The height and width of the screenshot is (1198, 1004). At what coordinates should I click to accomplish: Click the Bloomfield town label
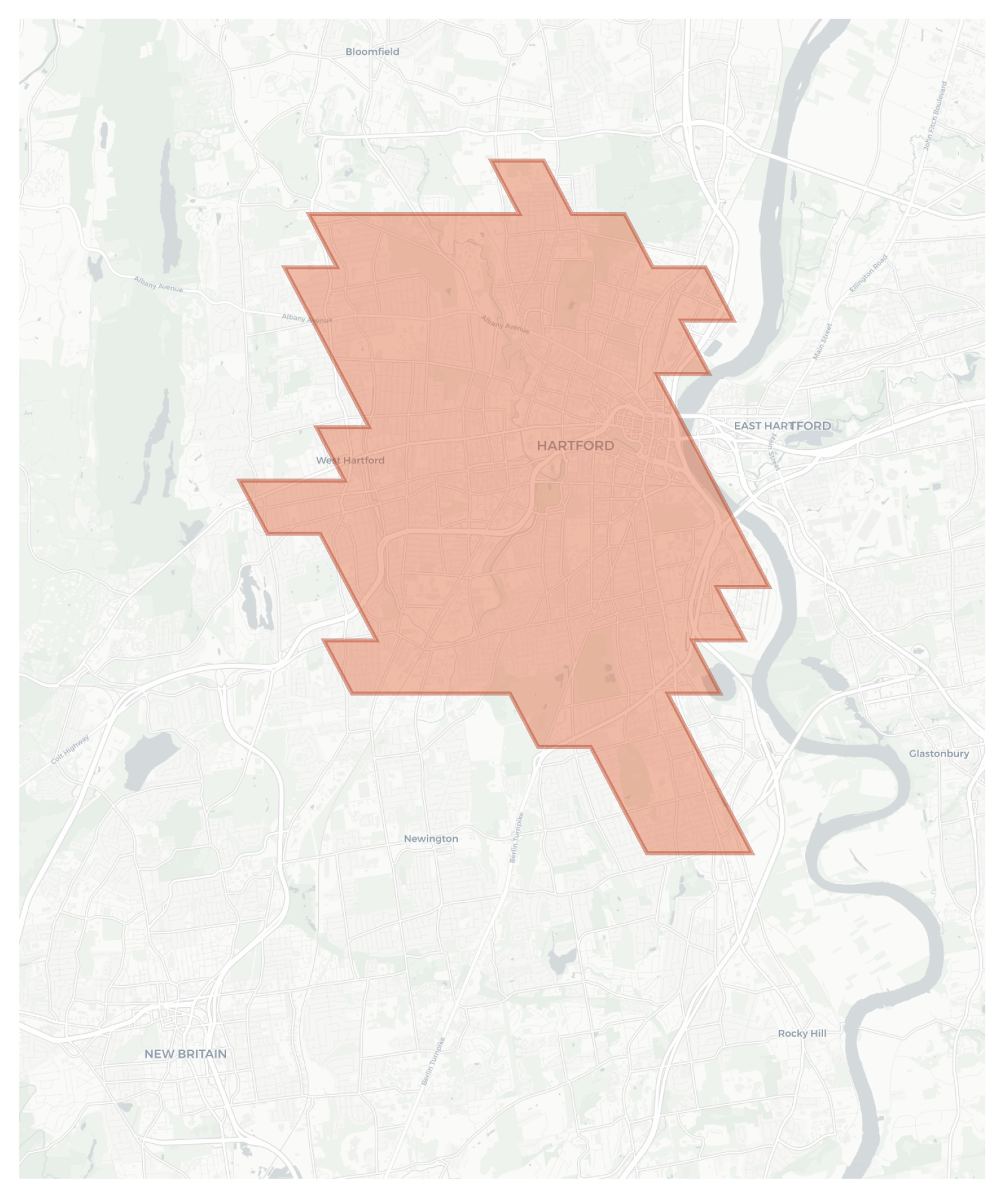[x=372, y=52]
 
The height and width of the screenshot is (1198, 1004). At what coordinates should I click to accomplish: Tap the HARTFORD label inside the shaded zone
[x=575, y=445]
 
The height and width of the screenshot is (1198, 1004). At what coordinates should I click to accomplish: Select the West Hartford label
[x=350, y=460]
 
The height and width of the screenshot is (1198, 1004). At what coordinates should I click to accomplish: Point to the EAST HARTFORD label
[x=782, y=426]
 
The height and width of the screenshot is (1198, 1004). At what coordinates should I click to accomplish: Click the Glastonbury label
[x=938, y=753]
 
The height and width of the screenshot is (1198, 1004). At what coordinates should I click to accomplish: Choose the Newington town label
[x=431, y=838]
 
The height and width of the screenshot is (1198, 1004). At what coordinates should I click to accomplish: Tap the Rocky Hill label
[x=802, y=1033]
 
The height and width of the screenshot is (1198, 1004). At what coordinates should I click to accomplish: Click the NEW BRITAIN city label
[x=185, y=1054]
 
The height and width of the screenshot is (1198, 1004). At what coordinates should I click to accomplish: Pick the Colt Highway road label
[x=70, y=749]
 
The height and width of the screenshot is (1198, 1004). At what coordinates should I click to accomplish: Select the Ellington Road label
[x=868, y=273]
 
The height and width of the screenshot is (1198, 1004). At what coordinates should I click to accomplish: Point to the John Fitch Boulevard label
[x=935, y=116]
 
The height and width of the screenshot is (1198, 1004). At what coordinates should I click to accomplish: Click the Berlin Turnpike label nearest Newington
[x=516, y=837]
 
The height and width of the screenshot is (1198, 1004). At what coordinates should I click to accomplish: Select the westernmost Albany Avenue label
[x=158, y=284]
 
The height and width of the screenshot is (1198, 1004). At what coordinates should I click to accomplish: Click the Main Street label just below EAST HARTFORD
[x=774, y=452]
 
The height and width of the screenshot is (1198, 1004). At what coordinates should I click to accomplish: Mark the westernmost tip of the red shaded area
[x=240, y=480]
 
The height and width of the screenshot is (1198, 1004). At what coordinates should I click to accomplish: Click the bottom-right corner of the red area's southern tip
[x=752, y=853]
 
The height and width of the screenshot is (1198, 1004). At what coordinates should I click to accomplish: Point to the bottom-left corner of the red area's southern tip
[x=647, y=853]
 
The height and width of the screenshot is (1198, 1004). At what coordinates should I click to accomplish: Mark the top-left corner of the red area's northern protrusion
[x=492, y=161]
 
